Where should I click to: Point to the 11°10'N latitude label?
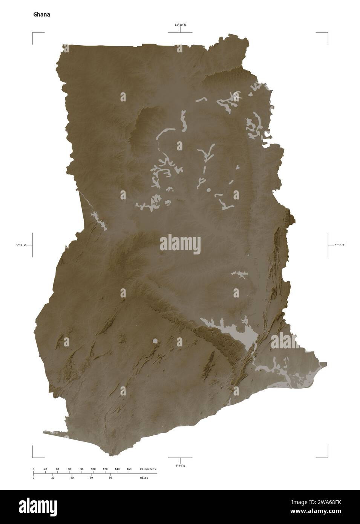(180, 25)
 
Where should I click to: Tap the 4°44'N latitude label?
(180, 466)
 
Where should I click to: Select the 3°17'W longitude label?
(21, 245)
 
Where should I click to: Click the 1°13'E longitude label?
(339, 245)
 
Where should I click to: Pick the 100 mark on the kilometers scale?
(93, 469)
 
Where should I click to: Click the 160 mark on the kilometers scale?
(129, 469)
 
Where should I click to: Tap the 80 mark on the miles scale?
(110, 478)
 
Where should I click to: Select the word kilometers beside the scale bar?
(147, 469)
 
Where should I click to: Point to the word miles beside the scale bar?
(144, 478)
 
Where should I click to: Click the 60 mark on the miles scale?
(91, 478)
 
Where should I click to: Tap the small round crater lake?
(155, 342)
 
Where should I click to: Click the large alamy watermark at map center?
(180, 243)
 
